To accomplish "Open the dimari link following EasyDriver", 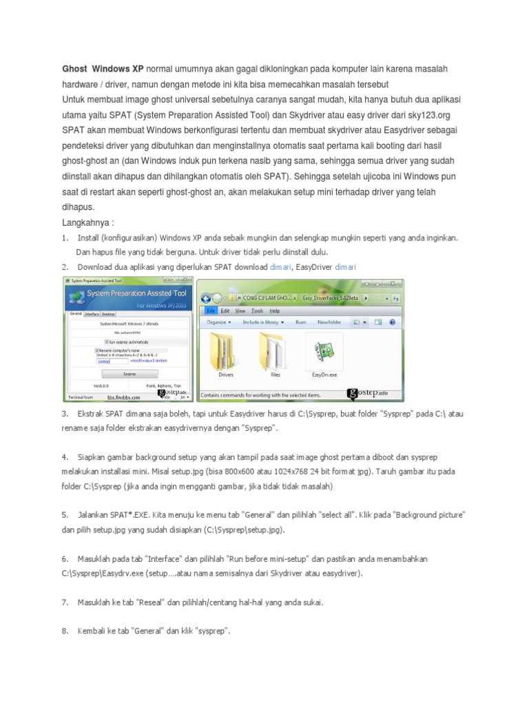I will [x=346, y=266].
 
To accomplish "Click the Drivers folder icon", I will [x=225, y=351].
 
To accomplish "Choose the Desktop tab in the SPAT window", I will [x=109, y=313].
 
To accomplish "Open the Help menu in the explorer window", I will [x=275, y=311].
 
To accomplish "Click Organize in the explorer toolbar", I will [x=218, y=322].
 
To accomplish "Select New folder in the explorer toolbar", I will [x=329, y=322].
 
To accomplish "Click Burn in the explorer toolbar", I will [x=301, y=322].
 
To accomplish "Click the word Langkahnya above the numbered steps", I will [x=85, y=222].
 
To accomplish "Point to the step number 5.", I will [x=65, y=514].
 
